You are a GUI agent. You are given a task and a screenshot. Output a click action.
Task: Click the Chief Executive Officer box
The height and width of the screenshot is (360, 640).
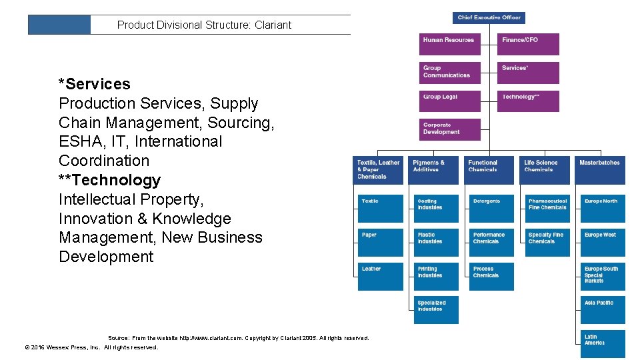pos(489,18)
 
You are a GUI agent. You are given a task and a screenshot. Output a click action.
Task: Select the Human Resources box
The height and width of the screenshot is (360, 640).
pos(449,44)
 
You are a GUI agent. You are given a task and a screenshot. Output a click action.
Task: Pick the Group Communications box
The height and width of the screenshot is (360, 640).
pos(449,73)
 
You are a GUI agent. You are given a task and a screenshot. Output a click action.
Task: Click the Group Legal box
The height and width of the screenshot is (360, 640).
pos(449,101)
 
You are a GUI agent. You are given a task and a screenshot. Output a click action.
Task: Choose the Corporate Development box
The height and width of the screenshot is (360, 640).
pos(449,129)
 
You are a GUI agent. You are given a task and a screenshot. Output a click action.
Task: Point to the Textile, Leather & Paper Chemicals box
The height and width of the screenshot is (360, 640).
pos(378,170)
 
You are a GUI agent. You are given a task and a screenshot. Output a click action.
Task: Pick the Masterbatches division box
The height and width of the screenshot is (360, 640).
pos(601,170)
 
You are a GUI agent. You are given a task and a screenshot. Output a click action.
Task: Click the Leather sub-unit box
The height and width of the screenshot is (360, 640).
pos(380,277)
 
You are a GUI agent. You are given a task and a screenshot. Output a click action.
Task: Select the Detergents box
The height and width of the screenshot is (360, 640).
pos(491,209)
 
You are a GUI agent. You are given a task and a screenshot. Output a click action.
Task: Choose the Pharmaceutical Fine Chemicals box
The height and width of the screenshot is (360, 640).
pos(547,209)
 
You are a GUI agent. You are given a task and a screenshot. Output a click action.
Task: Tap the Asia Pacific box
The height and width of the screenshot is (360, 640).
pos(603,311)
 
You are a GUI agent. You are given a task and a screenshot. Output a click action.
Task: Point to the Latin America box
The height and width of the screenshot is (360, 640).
pos(603,344)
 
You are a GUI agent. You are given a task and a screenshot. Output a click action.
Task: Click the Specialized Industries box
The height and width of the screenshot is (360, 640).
pos(436,311)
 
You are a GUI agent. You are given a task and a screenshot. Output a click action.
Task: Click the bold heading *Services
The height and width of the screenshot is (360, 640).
pos(95,84)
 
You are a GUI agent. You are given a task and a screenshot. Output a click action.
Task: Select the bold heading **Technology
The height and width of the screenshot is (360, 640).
pos(110,180)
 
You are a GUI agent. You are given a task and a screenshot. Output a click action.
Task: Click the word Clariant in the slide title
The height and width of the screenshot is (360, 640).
pos(273,25)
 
